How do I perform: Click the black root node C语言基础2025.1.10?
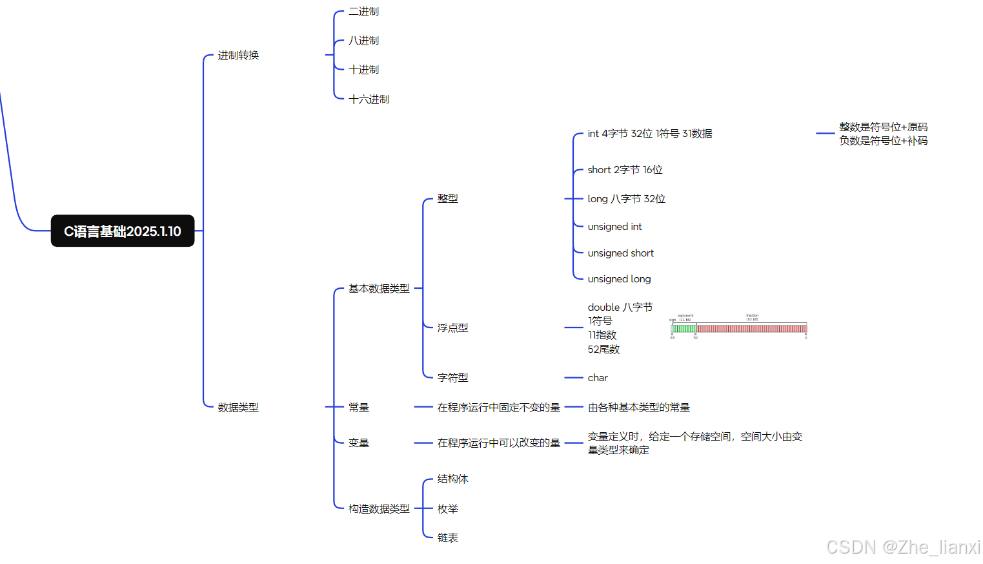coord(123,231)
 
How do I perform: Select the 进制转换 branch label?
coord(238,56)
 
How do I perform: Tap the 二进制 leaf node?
coord(363,12)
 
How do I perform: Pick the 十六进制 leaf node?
coord(369,99)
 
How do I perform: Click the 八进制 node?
coord(363,41)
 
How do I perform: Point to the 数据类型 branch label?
coord(238,408)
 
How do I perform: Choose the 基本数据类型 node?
coord(379,289)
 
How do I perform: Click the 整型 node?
coord(447,199)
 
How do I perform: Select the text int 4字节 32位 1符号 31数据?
coord(649,134)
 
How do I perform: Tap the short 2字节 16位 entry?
coord(625,170)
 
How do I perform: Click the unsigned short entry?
coord(620,253)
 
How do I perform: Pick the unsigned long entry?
coord(619,279)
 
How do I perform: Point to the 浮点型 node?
coord(452,328)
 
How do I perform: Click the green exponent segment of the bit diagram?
coord(684,329)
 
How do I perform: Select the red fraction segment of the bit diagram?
coord(752,329)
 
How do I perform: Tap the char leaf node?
coord(598,378)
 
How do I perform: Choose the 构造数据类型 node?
coord(379,509)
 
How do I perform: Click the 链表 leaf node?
coord(447,538)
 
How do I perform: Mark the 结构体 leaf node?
coord(452,479)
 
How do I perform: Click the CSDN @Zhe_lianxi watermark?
coord(903,547)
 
